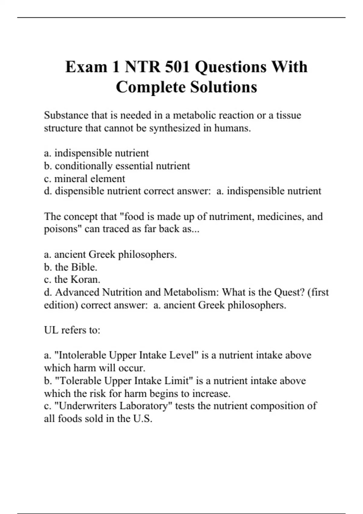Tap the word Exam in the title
(x=86, y=67)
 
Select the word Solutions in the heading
(x=224, y=87)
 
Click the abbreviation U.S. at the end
(x=142, y=419)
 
